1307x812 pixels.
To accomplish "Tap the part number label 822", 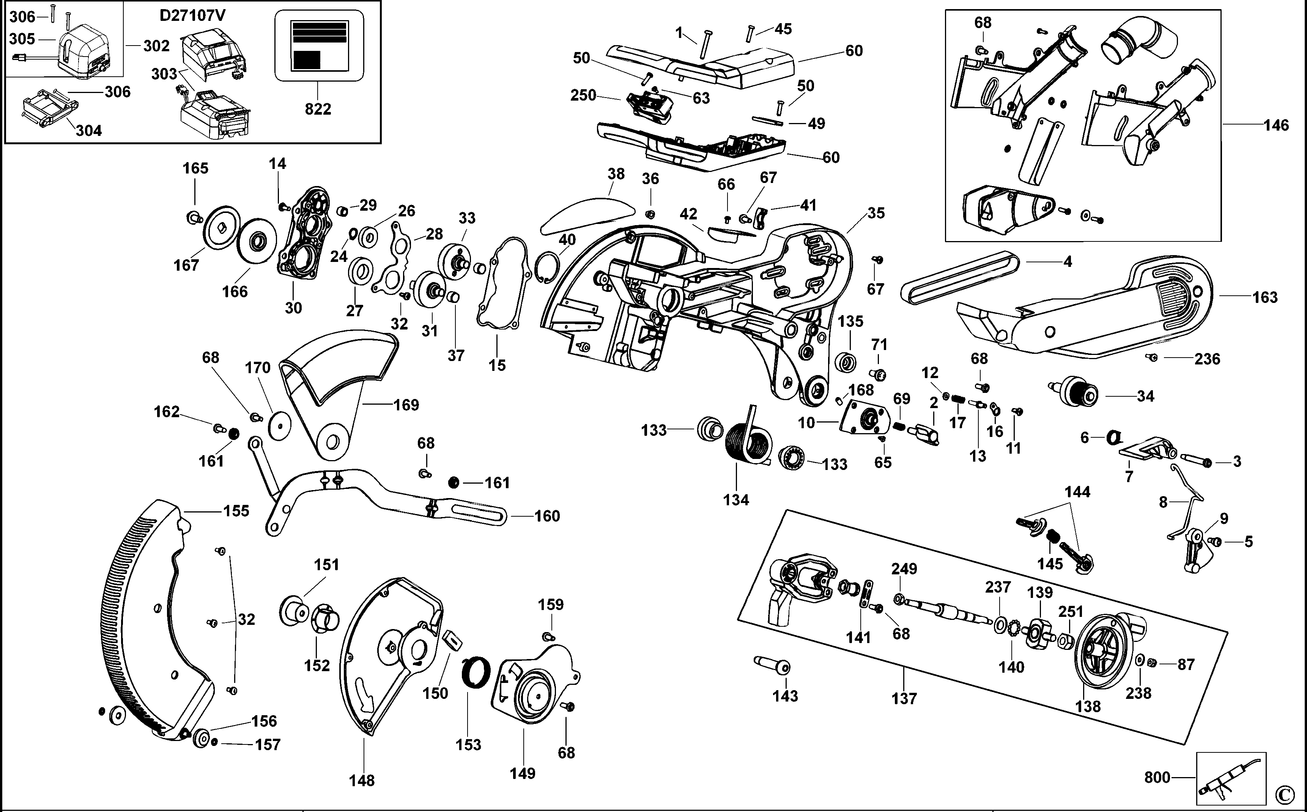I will (x=318, y=109).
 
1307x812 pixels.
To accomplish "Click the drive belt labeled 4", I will (x=961, y=277).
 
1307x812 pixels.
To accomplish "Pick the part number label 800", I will (x=1157, y=777).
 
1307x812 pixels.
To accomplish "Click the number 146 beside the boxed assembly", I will (x=1276, y=125).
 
